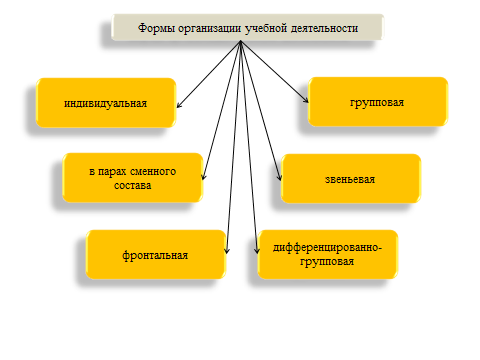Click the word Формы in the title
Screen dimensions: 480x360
coord(157,28)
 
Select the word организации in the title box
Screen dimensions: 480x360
coord(209,29)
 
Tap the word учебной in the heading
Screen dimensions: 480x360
coord(266,28)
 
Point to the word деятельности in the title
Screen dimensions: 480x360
coord(324,28)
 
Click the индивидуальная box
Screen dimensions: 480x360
coord(106,103)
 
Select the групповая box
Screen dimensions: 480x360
coord(378,102)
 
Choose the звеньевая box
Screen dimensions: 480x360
coord(351,179)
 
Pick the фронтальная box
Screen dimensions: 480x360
coord(156,255)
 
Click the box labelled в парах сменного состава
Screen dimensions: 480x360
coord(133,178)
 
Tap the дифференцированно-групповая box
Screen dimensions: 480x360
coord(328,254)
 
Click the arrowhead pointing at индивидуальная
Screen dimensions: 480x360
coord(178,106)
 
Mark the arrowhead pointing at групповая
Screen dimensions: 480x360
coord(306,100)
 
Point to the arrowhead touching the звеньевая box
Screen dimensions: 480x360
coord(280,178)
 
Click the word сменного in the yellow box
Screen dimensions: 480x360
coord(153,171)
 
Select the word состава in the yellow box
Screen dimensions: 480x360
coord(133,185)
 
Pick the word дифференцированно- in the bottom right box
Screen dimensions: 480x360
coord(327,248)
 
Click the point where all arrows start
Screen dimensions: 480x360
coord(240,41)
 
